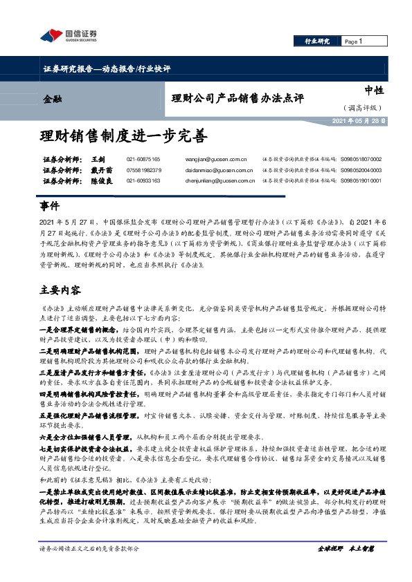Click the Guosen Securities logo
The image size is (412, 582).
(69, 35)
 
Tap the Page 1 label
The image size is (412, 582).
(354, 41)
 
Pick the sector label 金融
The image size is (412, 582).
(53, 99)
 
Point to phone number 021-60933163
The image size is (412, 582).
(143, 180)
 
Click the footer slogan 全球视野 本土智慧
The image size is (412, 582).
(345, 567)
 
